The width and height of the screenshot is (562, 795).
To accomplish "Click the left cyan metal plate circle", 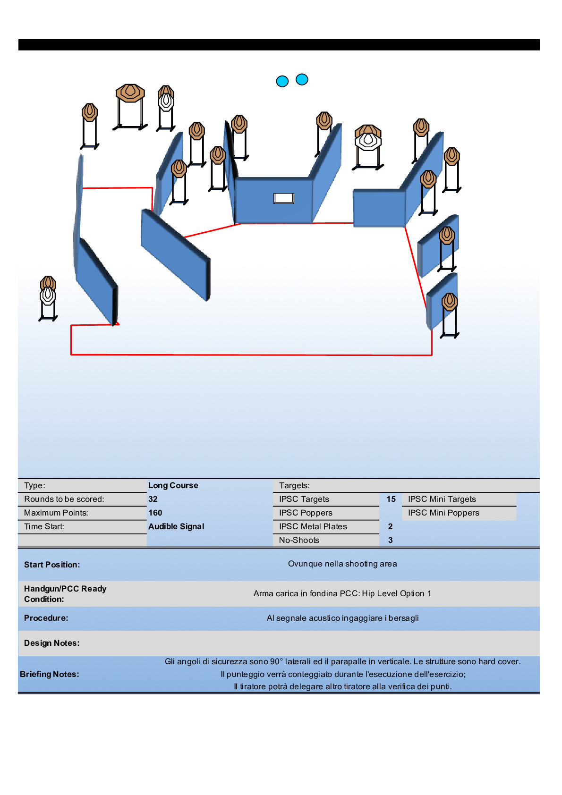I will tap(282, 81).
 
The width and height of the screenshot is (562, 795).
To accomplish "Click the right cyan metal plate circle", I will tap(302, 79).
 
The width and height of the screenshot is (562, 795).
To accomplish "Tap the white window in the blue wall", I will tap(284, 198).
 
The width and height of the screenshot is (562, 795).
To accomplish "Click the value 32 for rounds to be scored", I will tap(153, 499).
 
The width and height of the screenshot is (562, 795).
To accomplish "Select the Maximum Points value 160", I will tap(155, 513).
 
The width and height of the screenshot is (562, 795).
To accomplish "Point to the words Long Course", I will tap(173, 485).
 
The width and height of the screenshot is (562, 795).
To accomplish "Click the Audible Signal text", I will tap(176, 526).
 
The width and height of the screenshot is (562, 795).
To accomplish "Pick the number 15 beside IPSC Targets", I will tap(391, 499).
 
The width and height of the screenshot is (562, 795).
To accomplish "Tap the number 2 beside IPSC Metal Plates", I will tap(391, 526).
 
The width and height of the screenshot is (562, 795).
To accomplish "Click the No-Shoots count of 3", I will tap(391, 540).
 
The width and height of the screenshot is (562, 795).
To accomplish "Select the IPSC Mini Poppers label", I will tap(443, 513).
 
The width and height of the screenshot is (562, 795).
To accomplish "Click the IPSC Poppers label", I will tap(306, 513).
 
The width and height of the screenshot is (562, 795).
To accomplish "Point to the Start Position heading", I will tap(52, 565).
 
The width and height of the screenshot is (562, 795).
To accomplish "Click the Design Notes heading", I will tap(52, 643).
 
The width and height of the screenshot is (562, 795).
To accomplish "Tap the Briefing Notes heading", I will tap(50, 674).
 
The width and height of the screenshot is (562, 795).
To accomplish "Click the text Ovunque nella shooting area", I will tap(342, 564).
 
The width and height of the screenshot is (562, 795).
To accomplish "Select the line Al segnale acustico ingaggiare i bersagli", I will tap(342, 618).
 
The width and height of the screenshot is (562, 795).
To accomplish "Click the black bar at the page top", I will tap(279, 45).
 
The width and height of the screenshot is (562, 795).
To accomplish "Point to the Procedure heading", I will tap(46, 618).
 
